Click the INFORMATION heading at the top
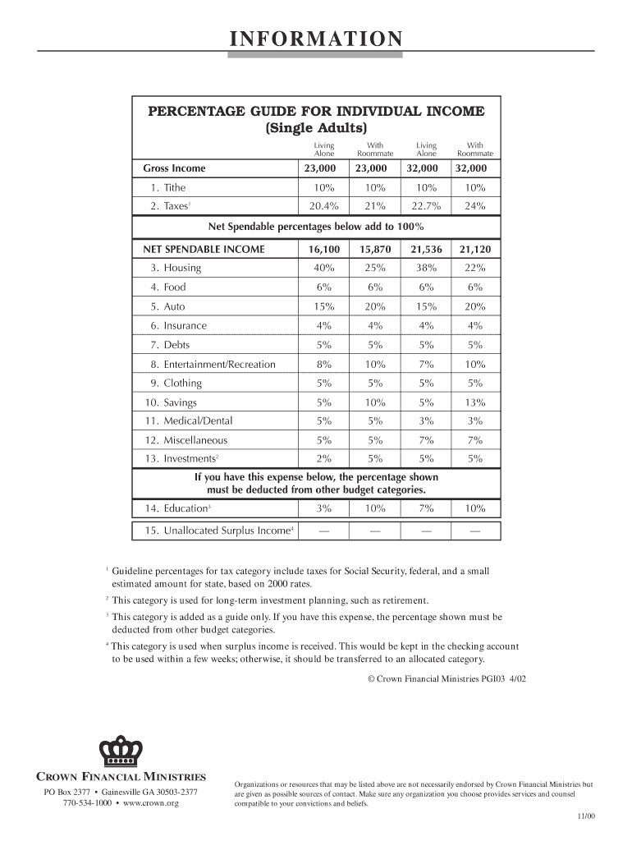point(315,39)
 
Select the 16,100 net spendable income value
point(323,249)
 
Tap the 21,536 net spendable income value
point(426,249)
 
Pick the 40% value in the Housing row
point(323,268)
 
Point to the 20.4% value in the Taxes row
point(323,206)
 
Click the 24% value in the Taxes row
point(475,206)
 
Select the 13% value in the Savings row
point(475,402)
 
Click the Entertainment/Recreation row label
point(219,364)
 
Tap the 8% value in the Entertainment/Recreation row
point(323,364)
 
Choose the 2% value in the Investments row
point(323,459)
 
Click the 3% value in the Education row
point(323,508)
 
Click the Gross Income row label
point(174,168)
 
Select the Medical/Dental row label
point(198,420)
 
